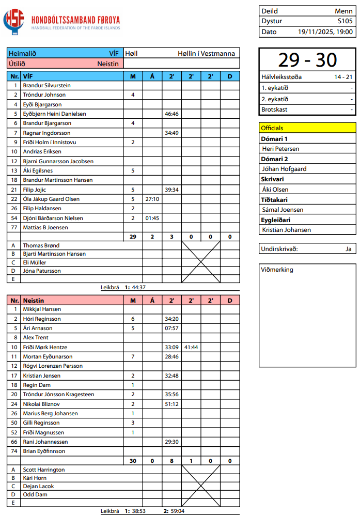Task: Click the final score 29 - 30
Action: [307, 60]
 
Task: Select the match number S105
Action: [345, 21]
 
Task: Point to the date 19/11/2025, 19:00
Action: [325, 32]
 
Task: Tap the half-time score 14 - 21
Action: [343, 77]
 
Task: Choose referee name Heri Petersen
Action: [280, 149]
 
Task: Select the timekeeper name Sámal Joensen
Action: [283, 210]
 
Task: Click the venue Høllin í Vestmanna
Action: [206, 53]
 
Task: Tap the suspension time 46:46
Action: [171, 114]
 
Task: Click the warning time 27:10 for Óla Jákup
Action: [152, 199]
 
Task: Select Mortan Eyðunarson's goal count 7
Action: [133, 357]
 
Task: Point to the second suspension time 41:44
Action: [191, 347]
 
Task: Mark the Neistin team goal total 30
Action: [133, 461]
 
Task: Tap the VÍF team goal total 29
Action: [133, 237]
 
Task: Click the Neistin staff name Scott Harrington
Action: [44, 470]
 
